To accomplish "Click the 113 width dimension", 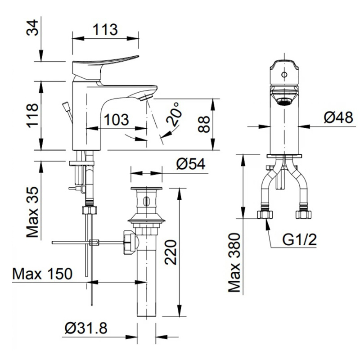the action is (x=105, y=30).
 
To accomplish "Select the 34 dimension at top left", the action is (x=32, y=27).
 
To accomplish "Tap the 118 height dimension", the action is (x=32, y=116).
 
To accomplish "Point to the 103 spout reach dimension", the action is (x=117, y=120).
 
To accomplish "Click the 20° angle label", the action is (x=175, y=114).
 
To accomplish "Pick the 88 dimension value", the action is (x=204, y=124).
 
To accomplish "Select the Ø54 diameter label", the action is (x=191, y=164).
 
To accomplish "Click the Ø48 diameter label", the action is (x=338, y=117).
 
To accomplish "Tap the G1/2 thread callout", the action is (x=299, y=240).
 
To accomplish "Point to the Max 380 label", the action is (x=234, y=262).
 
